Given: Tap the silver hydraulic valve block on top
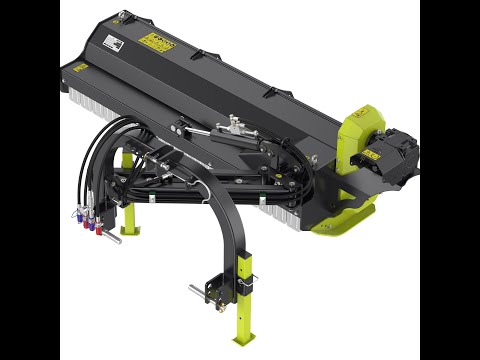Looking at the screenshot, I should (x=236, y=125).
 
